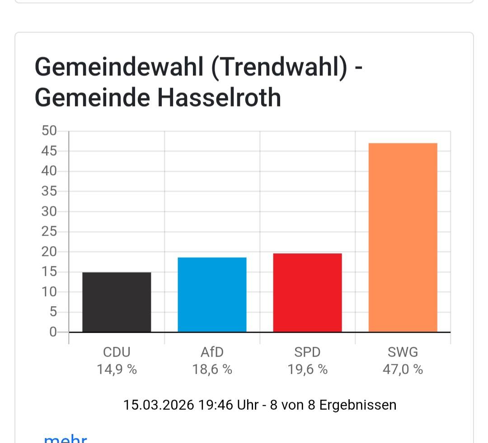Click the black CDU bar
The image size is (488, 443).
(x=117, y=302)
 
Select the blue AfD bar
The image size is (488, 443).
(x=212, y=294)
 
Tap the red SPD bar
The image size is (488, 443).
(x=307, y=293)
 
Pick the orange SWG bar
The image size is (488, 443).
(x=403, y=238)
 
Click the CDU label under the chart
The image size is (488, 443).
(x=117, y=352)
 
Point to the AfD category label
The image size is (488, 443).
(x=212, y=352)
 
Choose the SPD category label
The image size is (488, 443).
(x=307, y=352)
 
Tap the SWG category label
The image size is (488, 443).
(x=403, y=352)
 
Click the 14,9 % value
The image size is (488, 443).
(x=117, y=370)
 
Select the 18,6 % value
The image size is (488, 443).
(x=212, y=370)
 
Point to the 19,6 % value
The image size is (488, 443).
(x=307, y=370)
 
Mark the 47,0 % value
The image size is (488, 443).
(x=403, y=370)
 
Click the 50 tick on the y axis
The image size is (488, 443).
(x=49, y=131)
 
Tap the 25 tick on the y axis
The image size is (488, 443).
(x=49, y=232)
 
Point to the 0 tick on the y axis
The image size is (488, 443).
(x=53, y=332)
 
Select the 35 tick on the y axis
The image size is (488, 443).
(x=49, y=191)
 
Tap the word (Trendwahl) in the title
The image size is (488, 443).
(x=280, y=67)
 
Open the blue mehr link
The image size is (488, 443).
(x=65, y=439)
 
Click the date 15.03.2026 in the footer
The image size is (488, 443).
(x=159, y=405)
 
